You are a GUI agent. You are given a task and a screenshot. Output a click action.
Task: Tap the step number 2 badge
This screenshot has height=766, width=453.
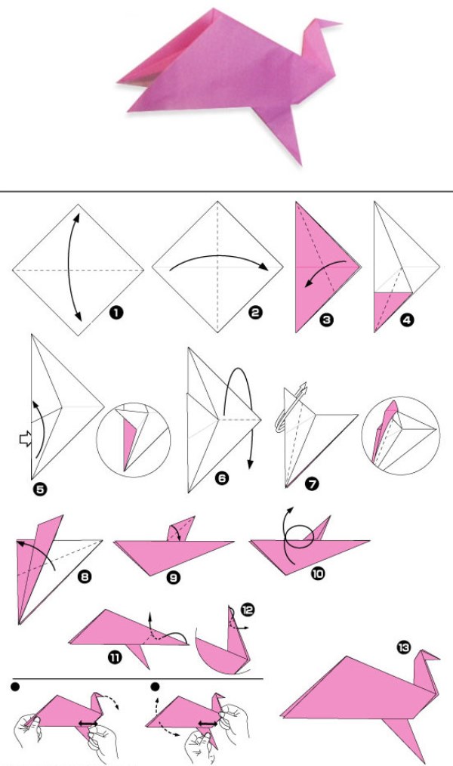tap(255, 312)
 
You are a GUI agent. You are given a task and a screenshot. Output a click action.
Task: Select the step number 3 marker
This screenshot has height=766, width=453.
tap(327, 320)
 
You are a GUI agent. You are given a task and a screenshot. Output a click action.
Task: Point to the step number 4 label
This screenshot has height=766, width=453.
tap(407, 320)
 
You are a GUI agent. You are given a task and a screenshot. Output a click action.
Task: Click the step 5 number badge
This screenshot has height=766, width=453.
tap(41, 489)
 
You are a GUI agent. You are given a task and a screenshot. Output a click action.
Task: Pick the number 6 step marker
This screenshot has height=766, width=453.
tap(222, 477)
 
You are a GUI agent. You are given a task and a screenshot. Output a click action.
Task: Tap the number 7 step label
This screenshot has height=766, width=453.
tap(311, 484)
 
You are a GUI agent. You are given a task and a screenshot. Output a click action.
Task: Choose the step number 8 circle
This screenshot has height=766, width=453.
tap(85, 577)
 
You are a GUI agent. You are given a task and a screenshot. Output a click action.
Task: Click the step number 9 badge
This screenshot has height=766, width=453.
tap(174, 578)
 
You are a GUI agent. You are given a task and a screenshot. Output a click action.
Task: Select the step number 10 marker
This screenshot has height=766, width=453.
tap(317, 573)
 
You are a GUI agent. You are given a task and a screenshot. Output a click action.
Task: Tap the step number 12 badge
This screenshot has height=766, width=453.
tap(248, 610)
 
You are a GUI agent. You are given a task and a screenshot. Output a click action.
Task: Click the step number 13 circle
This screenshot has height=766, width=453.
tap(404, 648)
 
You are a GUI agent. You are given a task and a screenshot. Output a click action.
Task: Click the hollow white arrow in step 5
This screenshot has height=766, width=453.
tap(25, 439)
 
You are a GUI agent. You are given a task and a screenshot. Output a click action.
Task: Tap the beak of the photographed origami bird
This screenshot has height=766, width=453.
tap(327, 23)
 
